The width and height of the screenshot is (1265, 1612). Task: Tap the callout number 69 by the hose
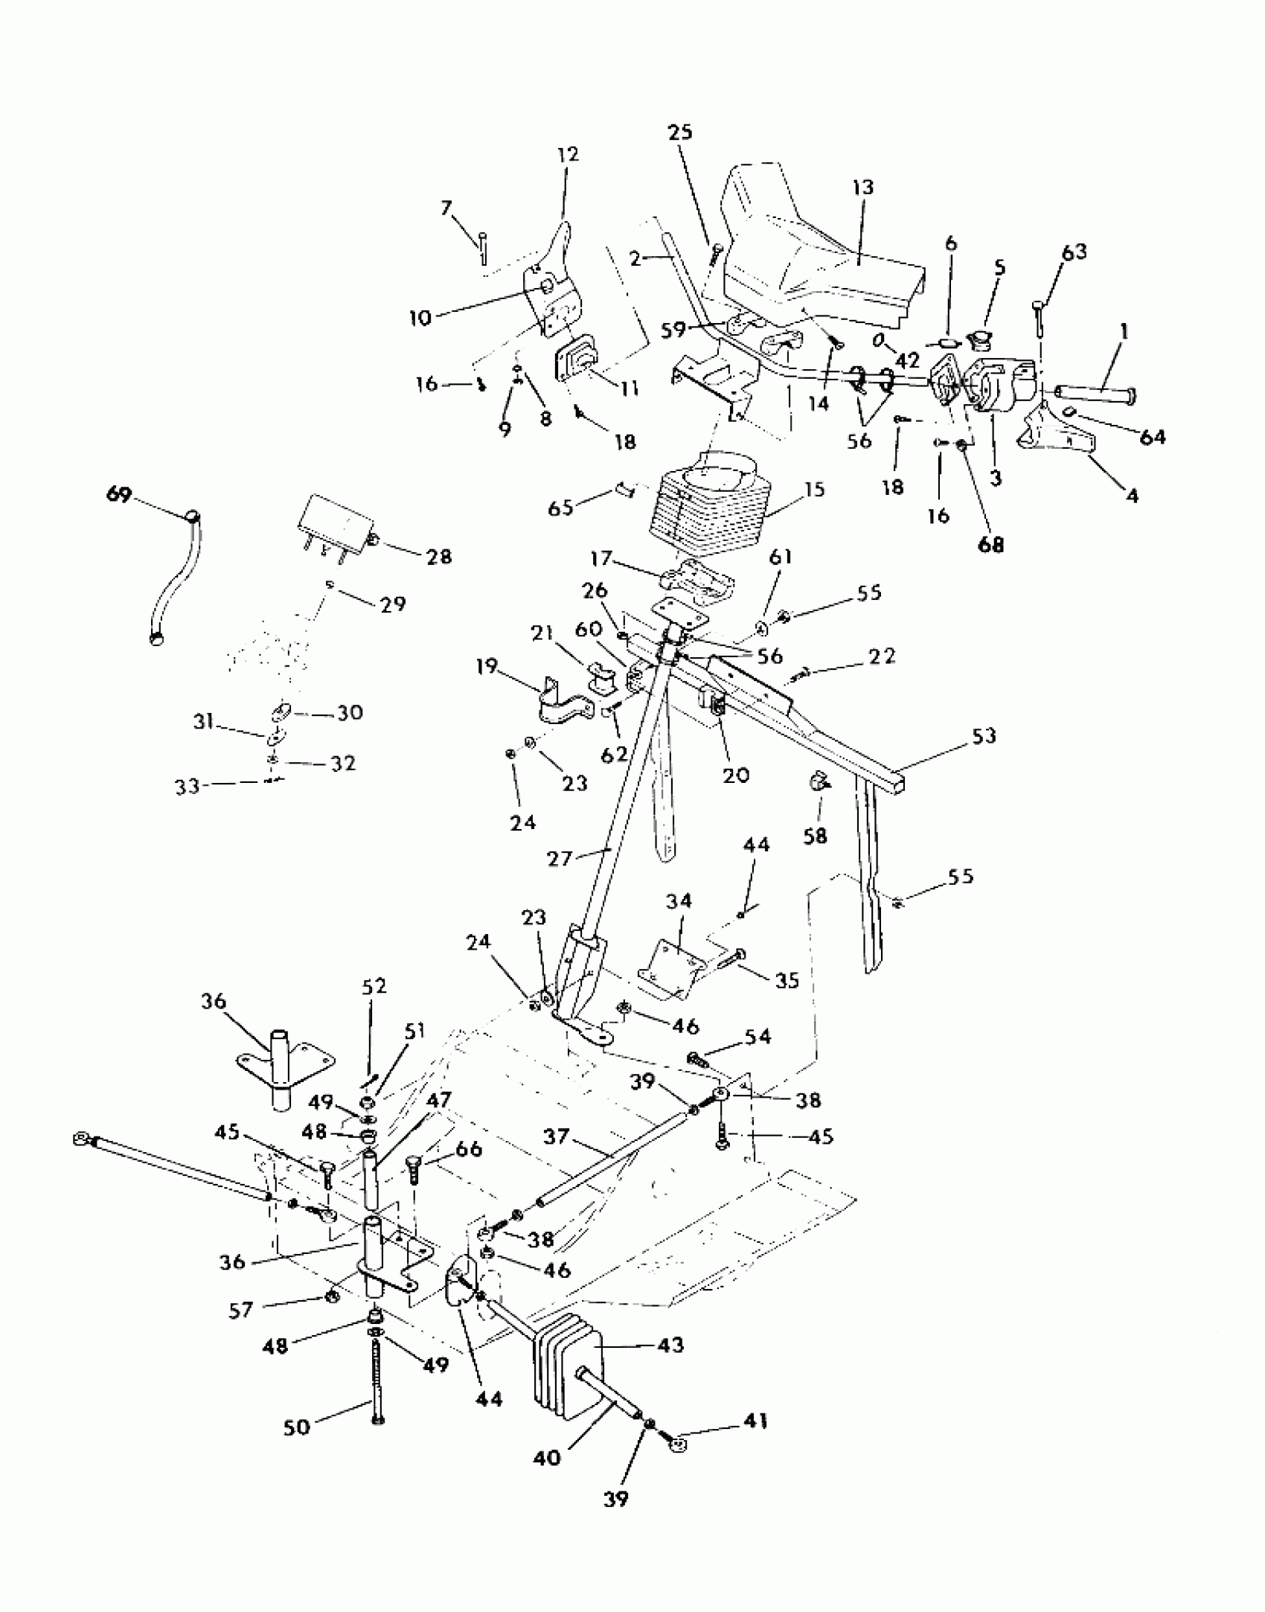[119, 495]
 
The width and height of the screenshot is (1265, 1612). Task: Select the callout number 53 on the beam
[983, 736]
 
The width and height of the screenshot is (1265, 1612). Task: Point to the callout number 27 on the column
[560, 858]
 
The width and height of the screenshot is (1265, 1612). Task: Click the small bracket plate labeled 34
[670, 967]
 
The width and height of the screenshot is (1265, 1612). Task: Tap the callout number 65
[560, 508]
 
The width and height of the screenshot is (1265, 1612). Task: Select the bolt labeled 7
[482, 248]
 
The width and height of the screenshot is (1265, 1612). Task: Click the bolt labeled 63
[1039, 316]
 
